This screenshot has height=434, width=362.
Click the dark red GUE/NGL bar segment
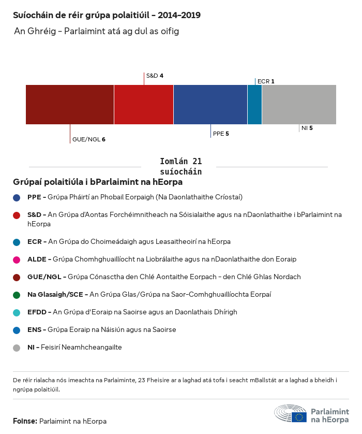(x=70, y=105)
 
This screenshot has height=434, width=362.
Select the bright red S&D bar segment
(x=144, y=105)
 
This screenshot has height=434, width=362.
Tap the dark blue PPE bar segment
(x=210, y=105)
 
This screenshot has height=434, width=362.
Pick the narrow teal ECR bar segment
(x=254, y=105)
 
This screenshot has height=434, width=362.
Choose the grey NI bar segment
(x=299, y=105)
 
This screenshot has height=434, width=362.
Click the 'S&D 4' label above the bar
(x=155, y=76)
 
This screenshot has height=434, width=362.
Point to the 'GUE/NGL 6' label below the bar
(x=89, y=139)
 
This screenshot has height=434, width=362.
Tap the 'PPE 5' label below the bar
(x=221, y=134)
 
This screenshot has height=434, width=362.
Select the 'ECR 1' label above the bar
(x=266, y=81)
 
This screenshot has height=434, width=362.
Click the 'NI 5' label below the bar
(x=307, y=127)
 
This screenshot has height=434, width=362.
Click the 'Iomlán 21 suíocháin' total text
(x=181, y=166)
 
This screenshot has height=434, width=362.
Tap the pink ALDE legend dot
(x=17, y=259)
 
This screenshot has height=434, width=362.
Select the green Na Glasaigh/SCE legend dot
(x=17, y=295)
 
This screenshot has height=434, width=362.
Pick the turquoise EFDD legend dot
(x=17, y=312)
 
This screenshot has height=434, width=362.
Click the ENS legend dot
(x=17, y=330)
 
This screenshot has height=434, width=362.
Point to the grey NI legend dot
(x=17, y=348)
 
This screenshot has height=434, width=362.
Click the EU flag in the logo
(x=299, y=417)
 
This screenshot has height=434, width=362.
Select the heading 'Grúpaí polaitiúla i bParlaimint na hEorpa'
(x=98, y=182)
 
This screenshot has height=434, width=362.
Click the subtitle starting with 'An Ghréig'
(x=96, y=32)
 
